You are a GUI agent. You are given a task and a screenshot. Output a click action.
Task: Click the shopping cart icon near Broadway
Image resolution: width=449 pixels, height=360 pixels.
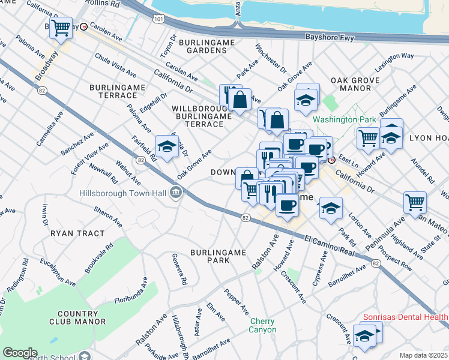pos(60,28)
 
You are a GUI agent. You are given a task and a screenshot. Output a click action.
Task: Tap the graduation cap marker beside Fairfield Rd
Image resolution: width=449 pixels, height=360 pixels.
pos(167,146)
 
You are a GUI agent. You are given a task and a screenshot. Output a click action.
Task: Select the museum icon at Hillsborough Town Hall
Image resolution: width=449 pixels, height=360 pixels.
pos(175,193)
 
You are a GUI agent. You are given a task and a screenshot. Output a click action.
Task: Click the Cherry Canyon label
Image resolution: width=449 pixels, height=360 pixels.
pos(263,325)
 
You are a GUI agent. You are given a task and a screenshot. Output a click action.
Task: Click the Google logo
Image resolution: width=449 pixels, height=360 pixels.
pos(20,353)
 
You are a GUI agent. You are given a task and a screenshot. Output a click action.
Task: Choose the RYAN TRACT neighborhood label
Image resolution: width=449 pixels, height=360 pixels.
pos(77,233)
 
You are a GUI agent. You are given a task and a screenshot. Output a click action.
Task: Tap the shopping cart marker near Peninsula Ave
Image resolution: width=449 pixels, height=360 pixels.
pos(415,202)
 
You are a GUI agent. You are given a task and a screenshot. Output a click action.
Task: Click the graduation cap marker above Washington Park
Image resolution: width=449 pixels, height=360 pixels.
pos(306,99)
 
